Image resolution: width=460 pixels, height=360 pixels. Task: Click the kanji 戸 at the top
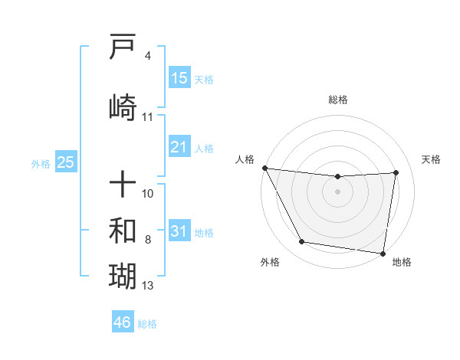[x=123, y=47]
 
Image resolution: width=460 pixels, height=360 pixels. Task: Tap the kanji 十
[x=123, y=184]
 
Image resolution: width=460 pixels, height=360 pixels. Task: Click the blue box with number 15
[x=179, y=78]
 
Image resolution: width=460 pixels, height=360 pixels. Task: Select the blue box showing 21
[x=179, y=147]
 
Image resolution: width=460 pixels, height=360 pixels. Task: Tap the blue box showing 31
[x=179, y=231]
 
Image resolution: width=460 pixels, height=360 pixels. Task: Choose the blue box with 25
[x=65, y=162]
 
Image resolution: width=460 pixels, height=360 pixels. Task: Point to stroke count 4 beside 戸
[x=147, y=56]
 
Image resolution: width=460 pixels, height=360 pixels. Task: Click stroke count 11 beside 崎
[x=148, y=117]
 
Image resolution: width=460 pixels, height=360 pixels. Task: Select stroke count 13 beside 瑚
[x=148, y=286]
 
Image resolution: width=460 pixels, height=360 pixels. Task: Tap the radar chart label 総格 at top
[x=337, y=100]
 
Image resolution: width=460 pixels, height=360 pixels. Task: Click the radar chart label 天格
[x=432, y=159]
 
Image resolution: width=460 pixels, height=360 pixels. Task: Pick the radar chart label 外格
[x=270, y=262]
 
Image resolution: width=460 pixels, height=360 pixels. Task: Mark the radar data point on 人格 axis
[x=264, y=168]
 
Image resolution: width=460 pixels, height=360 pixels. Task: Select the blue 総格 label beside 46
[x=147, y=324]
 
